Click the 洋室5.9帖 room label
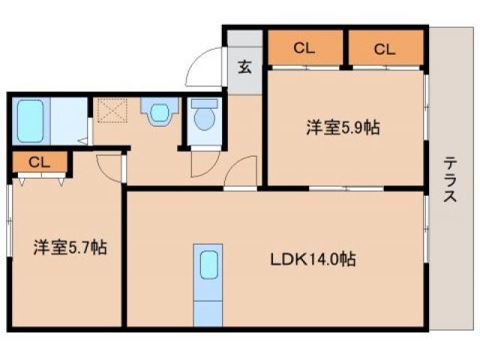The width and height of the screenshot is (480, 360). point(342,127)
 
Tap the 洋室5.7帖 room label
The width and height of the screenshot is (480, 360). point(70,246)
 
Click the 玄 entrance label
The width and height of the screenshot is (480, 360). point(245,66)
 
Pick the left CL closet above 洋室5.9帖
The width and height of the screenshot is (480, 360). point(304,49)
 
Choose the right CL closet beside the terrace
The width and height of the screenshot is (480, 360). point(384,49)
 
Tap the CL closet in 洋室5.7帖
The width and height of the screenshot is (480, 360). point(40,161)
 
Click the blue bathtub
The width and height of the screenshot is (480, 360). point(31,119)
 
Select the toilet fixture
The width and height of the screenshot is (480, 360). point(203,116)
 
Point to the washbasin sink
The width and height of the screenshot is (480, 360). point(159,113)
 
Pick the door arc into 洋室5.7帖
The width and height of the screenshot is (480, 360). point(110,166)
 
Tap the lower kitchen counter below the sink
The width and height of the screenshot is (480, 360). point(208,311)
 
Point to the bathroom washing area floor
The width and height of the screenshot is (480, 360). point(69,120)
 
